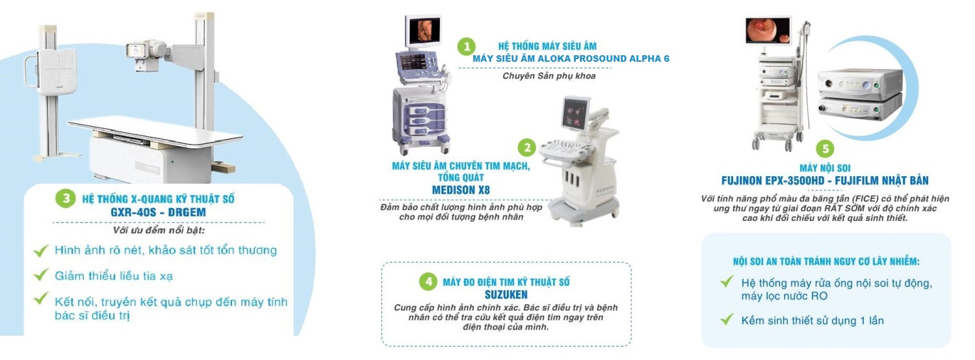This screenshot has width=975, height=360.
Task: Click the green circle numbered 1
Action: click(466, 46)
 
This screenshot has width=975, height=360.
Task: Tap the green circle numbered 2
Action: click(526, 148)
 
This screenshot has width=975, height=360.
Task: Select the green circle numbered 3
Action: click(66, 198)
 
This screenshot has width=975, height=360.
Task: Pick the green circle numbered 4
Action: click(428, 281)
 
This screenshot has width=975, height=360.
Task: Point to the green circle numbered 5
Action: click(825, 149)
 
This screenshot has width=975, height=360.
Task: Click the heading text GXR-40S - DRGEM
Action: click(158, 212)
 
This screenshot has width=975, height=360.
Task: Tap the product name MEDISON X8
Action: click(461, 190)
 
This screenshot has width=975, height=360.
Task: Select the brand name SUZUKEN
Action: click(506, 295)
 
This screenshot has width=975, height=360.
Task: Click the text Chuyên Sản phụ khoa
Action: click(549, 76)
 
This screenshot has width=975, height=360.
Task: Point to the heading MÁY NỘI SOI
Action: click(825, 168)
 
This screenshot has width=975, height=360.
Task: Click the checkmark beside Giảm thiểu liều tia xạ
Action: click(41, 275)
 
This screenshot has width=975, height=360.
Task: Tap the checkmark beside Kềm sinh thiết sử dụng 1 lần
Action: click(727, 320)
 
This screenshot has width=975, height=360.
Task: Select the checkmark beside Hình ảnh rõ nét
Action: click(41, 250)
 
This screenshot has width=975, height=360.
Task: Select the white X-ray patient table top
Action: click(155, 133)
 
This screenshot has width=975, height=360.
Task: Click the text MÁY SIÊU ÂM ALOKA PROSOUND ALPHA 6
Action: click(571, 58)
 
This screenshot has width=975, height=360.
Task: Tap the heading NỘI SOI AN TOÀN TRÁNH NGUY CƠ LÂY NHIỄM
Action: click(826, 262)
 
